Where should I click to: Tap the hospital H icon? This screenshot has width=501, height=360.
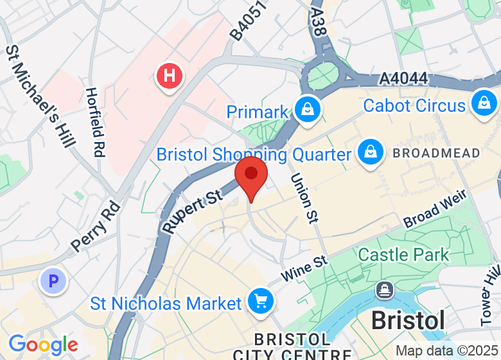(x=170, y=76)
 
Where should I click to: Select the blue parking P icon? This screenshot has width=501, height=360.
(x=54, y=281)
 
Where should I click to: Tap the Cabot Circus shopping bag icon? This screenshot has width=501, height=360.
(x=483, y=102)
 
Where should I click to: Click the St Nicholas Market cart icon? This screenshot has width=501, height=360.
(x=261, y=301)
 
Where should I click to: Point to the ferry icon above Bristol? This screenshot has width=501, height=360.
(x=385, y=291)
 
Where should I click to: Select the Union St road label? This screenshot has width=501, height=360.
(x=304, y=198)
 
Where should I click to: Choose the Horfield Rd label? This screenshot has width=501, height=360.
(x=96, y=122)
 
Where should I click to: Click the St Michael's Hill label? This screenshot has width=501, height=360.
(x=38, y=96)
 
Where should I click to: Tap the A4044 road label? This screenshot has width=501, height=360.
(x=403, y=79)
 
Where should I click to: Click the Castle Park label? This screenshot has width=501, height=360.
(x=403, y=255)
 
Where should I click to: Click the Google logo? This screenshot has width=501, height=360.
(x=43, y=345)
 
